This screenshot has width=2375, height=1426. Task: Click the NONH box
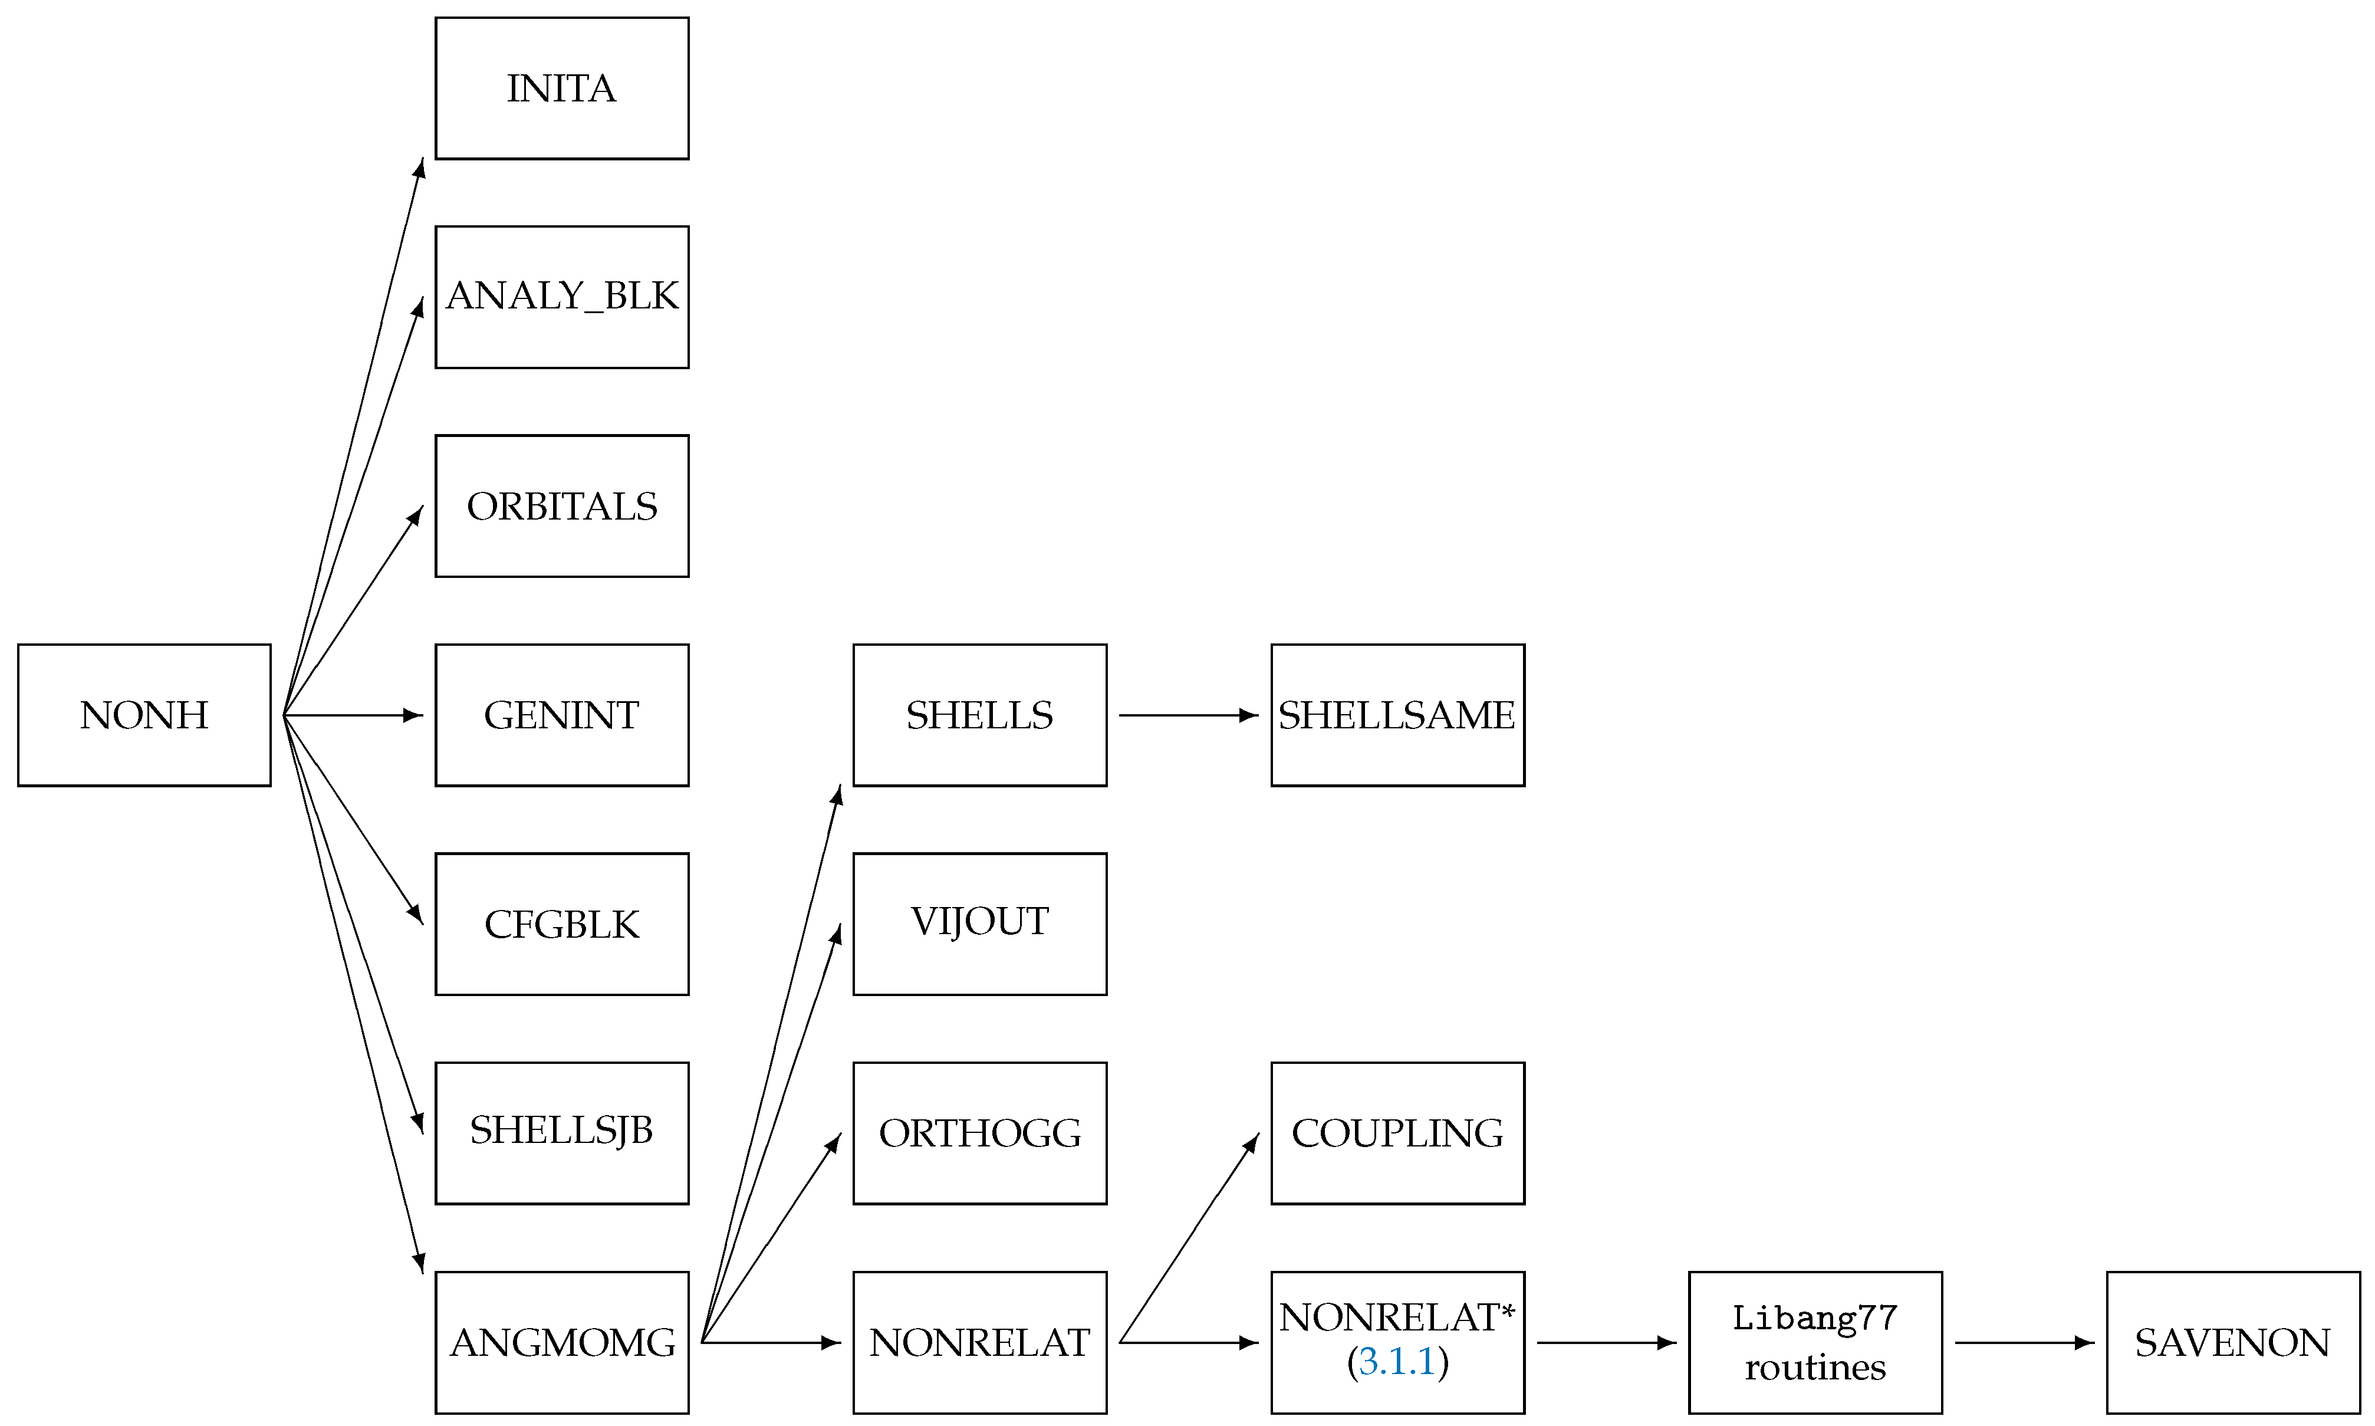144,715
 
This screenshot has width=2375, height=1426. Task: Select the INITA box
562,88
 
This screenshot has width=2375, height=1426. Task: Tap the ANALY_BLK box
562,297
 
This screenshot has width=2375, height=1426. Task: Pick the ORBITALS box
562,507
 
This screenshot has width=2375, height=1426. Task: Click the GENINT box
562,715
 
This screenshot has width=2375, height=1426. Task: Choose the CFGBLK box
562,924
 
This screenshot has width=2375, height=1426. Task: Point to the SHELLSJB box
562,1133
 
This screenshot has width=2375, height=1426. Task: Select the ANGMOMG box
562,1342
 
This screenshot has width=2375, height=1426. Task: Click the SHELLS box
980,715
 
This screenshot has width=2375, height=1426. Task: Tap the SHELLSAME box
1398,715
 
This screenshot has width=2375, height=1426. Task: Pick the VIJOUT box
980,924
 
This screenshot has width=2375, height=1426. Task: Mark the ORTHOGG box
980,1133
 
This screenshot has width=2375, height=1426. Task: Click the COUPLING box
1398,1133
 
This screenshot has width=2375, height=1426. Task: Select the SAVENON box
2233,1342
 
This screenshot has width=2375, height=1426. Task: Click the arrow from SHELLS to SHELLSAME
1189,715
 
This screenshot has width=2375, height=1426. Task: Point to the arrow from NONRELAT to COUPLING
1189,1238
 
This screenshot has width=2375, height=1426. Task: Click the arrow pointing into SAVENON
2024,1342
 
